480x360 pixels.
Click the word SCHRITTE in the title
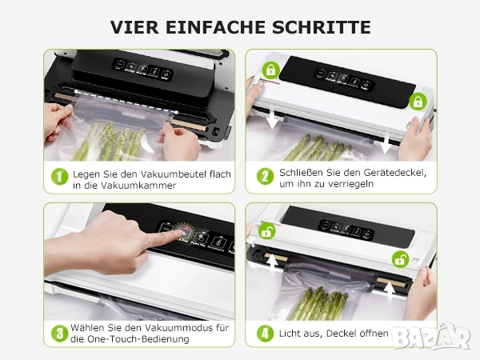click(x=321, y=27)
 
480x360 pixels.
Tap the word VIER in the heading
click(x=134, y=27)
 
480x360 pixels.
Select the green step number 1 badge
click(x=60, y=177)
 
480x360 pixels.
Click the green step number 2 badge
click(x=265, y=176)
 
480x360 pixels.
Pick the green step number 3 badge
click(x=60, y=333)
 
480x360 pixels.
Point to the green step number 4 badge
click(x=265, y=334)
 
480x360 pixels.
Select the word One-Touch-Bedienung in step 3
click(x=138, y=339)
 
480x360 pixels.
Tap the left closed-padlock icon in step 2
click(x=270, y=70)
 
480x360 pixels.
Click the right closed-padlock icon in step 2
click(x=418, y=102)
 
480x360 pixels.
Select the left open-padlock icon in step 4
click(x=266, y=231)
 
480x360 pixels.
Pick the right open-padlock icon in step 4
click(x=401, y=259)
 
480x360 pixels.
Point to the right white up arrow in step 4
click(x=389, y=292)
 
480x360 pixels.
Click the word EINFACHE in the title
click(x=215, y=27)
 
